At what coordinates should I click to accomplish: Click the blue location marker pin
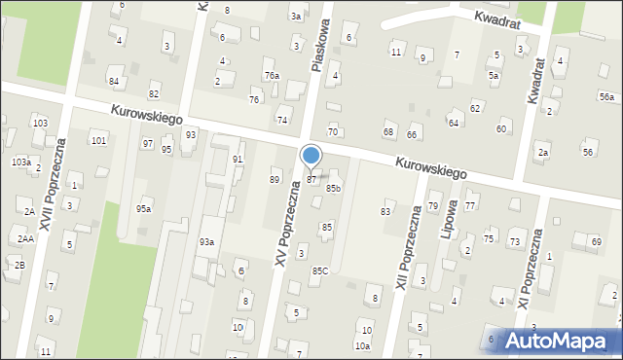(311, 156)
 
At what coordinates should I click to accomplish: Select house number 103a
(20, 162)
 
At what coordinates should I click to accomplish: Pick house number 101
(98, 141)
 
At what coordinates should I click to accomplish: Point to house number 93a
(206, 241)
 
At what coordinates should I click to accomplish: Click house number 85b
(334, 188)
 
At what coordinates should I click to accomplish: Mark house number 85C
(319, 270)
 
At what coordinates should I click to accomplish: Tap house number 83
(385, 211)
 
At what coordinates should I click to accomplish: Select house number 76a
(272, 75)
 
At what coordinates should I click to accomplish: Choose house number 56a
(606, 97)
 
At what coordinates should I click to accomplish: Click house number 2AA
(25, 238)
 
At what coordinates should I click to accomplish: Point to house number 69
(596, 240)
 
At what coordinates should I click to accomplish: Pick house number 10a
(362, 345)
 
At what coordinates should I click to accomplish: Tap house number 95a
(144, 208)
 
